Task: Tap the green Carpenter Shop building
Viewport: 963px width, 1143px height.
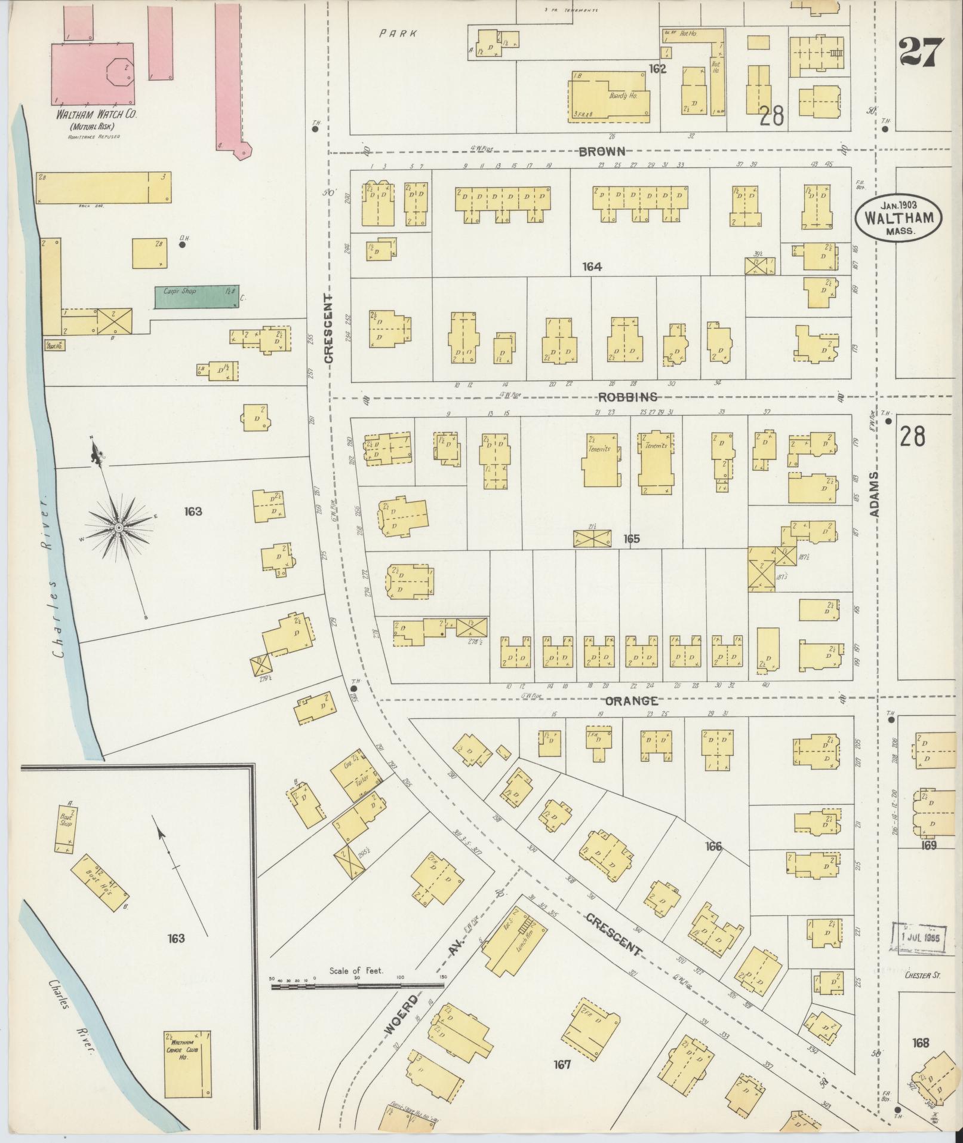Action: click(196, 296)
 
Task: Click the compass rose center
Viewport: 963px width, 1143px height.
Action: click(119, 528)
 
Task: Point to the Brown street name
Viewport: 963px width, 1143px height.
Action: click(601, 151)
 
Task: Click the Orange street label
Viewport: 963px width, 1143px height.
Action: click(632, 701)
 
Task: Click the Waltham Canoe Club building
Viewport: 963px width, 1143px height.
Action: click(187, 1064)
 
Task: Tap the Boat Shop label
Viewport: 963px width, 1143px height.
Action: click(66, 819)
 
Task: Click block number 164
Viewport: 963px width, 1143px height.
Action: click(592, 267)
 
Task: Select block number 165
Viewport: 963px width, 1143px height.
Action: click(631, 539)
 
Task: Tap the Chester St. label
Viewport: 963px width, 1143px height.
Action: click(922, 976)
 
